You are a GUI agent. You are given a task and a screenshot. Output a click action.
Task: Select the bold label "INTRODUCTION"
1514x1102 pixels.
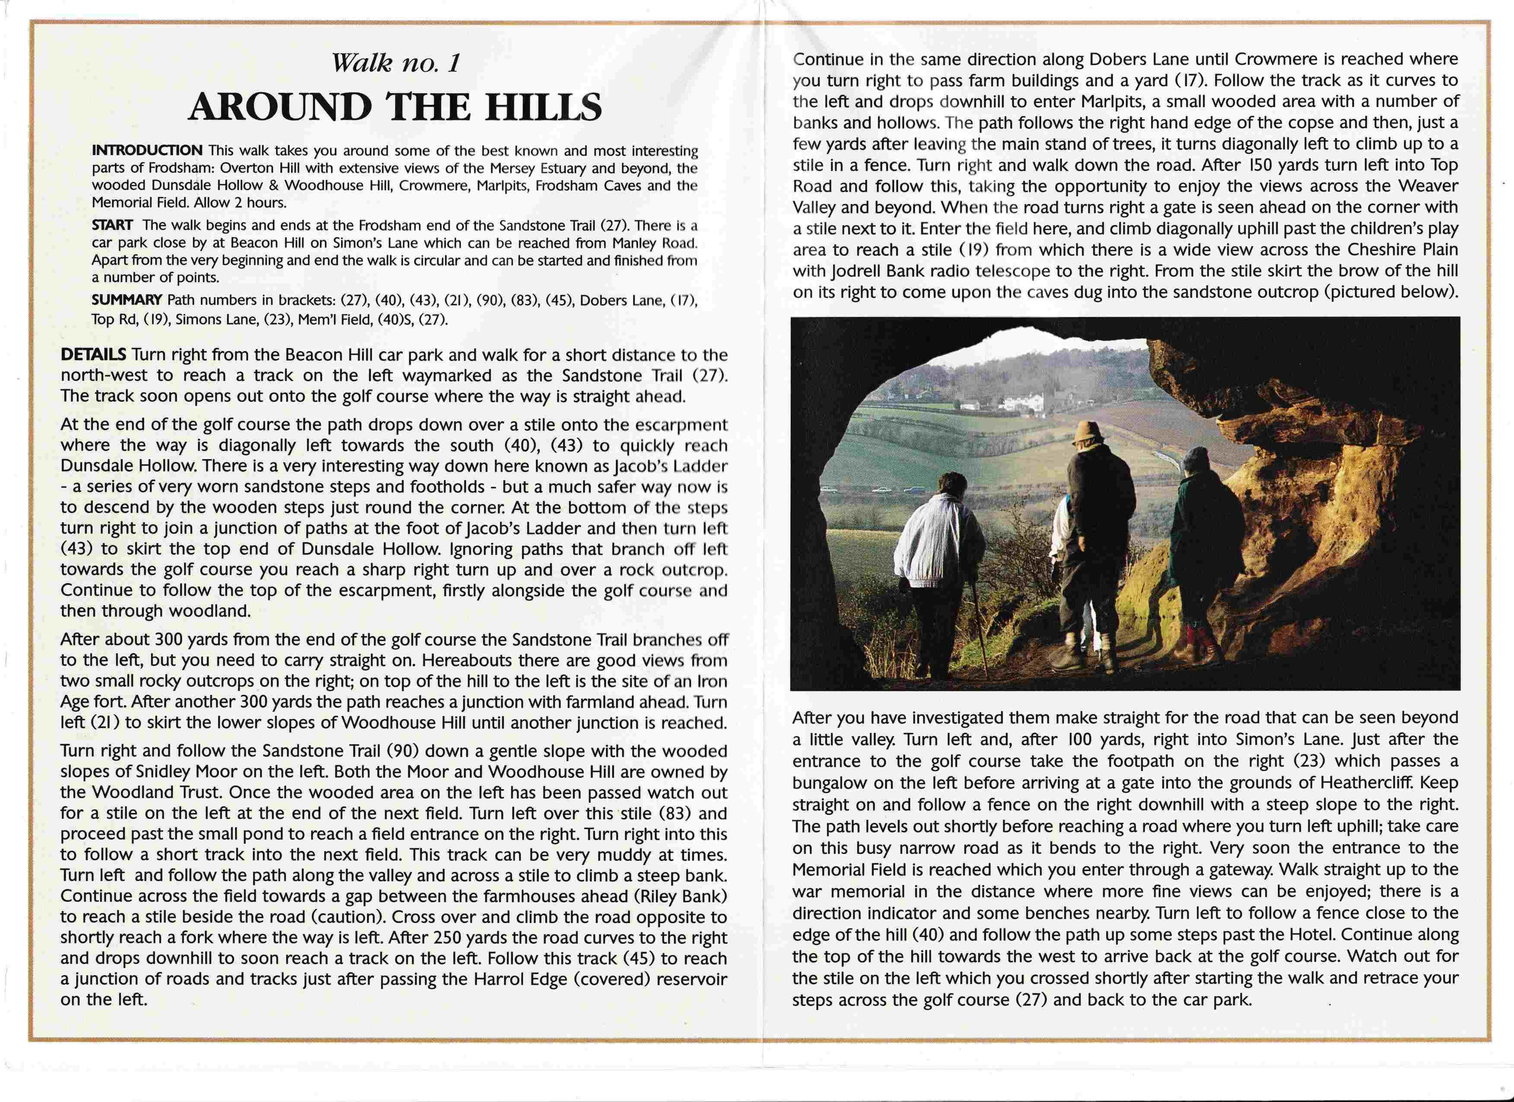coord(147,150)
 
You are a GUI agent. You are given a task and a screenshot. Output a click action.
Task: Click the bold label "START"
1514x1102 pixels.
coord(112,226)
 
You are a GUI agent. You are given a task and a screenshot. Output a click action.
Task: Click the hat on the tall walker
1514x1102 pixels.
coord(1087,433)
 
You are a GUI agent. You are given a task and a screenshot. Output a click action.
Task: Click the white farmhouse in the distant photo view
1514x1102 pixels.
coord(1025,402)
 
